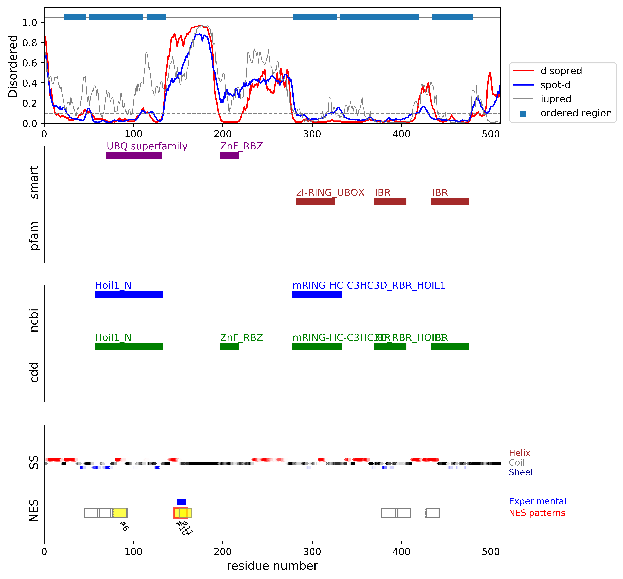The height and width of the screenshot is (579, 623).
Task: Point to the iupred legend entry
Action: [x=556, y=99]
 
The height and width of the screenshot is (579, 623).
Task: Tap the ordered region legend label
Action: [x=576, y=113]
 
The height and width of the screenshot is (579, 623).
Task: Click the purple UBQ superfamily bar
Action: [x=134, y=155]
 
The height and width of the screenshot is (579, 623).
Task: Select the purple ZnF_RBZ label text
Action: [x=241, y=146]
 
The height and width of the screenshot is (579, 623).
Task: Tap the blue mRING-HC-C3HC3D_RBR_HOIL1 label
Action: [x=369, y=285]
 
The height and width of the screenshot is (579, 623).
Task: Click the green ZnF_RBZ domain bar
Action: [x=229, y=347]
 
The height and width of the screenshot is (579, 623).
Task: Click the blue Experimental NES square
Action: [x=181, y=502]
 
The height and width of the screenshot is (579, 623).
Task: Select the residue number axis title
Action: [x=272, y=566]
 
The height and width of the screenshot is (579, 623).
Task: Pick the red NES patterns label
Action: [x=537, y=513]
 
